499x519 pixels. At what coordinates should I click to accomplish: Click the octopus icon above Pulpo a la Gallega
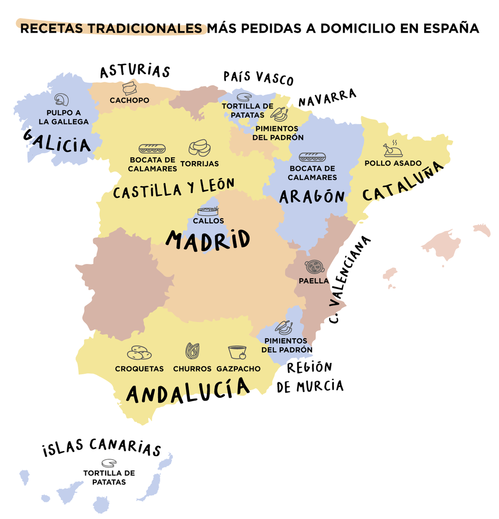point(61,100)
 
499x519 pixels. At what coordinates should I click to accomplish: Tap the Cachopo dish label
point(129,100)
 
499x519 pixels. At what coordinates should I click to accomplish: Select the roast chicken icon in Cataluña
point(392,149)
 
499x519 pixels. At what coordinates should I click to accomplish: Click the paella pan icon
point(314,267)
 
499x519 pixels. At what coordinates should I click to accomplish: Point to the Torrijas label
point(200,164)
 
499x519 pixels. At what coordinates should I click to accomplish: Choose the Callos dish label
point(208,221)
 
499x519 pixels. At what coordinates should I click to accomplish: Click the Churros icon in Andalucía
point(192,351)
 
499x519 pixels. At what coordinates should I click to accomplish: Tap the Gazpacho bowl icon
point(237,352)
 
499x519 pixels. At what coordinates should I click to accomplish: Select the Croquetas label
point(139,369)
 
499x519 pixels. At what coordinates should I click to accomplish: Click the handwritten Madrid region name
point(208,240)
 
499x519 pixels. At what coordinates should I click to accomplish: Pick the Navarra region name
point(327,98)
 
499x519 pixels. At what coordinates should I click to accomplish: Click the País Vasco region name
point(259,78)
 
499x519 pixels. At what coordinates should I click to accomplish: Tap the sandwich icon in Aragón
point(312,157)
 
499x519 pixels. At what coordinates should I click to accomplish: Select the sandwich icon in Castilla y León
point(152,148)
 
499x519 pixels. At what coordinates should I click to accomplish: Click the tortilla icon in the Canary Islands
point(109,463)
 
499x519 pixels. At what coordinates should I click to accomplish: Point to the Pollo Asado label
point(393,163)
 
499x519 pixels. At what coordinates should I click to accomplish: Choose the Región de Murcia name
point(310,377)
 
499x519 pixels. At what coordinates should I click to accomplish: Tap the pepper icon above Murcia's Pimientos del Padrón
point(284,327)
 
